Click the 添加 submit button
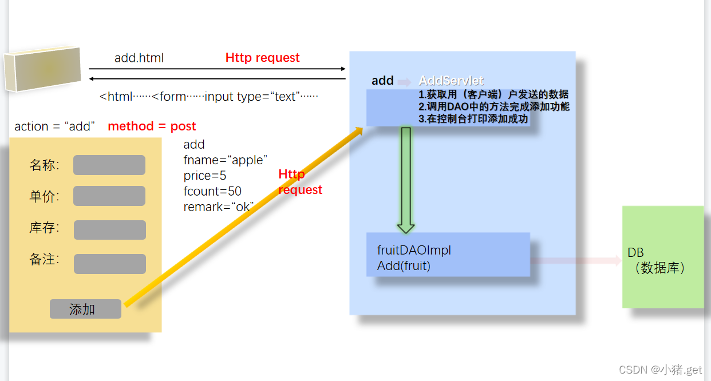coord(85,309)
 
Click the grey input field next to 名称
coord(109,165)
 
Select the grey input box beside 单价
coord(109,196)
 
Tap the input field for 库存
coord(109,229)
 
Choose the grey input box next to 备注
coord(109,264)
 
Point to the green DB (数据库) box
coord(662,257)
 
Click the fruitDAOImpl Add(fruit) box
coord(448,255)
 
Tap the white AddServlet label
coord(451,81)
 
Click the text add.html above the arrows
coord(139,58)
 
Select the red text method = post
coord(152,126)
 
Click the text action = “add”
coord(55,126)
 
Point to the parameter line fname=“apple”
coord(226,160)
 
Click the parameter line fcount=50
coord(212,191)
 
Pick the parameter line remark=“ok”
coord(218,207)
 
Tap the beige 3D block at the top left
coord(42,69)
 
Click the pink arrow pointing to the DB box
coord(575,261)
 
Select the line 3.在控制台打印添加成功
coord(473,119)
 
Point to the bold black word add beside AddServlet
coord(382,81)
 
